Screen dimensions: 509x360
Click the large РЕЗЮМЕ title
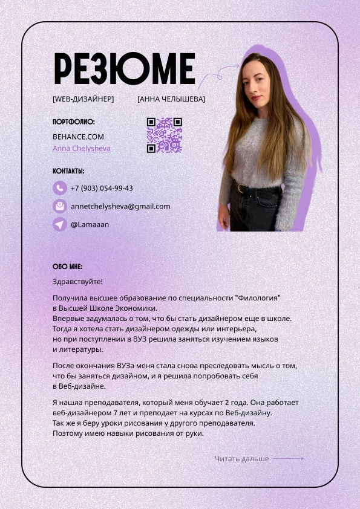pyautogui.click(x=124, y=68)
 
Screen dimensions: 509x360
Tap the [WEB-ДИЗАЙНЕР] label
pyautogui.click(x=83, y=99)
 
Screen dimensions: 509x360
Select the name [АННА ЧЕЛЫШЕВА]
pyautogui.click(x=171, y=99)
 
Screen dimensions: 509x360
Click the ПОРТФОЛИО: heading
pyautogui.click(x=74, y=122)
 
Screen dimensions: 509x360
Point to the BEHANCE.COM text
pyautogui.click(x=78, y=137)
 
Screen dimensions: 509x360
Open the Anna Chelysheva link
pyautogui.click(x=81, y=148)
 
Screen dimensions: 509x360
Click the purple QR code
pyautogui.click(x=164, y=135)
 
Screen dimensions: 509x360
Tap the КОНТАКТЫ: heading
pyautogui.click(x=68, y=171)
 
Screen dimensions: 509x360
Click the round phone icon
pyautogui.click(x=59, y=188)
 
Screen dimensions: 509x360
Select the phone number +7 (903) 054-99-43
pyautogui.click(x=102, y=188)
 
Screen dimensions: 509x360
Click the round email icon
pyautogui.click(x=59, y=206)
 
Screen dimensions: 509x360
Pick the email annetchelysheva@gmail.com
pyautogui.click(x=120, y=206)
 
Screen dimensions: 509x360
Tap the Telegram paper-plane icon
pyautogui.click(x=59, y=224)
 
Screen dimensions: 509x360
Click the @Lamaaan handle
pyautogui.click(x=90, y=224)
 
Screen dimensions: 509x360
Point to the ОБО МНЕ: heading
pyautogui.click(x=67, y=267)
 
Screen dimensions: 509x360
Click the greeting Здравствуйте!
pyautogui.click(x=77, y=281)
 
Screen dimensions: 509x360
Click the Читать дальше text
pyautogui.click(x=241, y=459)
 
